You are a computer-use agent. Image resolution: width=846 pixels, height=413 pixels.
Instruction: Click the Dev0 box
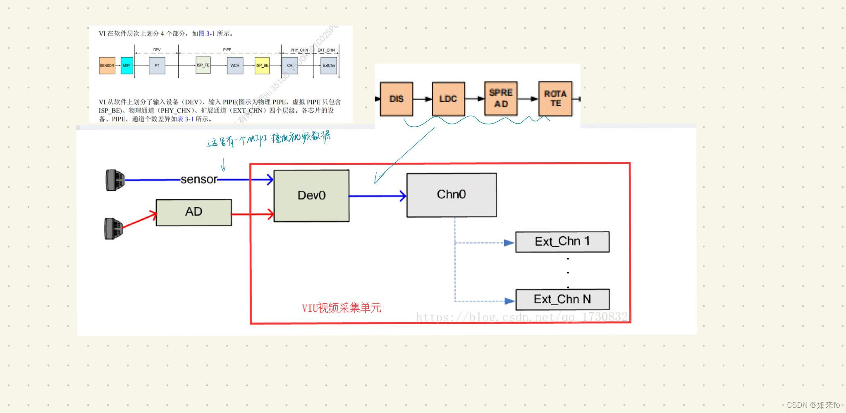pyautogui.click(x=311, y=195)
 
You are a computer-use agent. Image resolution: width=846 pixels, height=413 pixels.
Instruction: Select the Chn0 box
pyautogui.click(x=452, y=195)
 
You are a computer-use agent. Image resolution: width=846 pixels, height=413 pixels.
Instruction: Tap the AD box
pyautogui.click(x=194, y=212)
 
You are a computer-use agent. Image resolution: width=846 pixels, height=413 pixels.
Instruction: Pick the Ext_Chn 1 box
pyautogui.click(x=562, y=242)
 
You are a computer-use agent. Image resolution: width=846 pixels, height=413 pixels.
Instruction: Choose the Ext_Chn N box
pyautogui.click(x=562, y=299)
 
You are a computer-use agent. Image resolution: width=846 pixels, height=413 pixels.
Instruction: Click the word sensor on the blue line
pyautogui.click(x=199, y=179)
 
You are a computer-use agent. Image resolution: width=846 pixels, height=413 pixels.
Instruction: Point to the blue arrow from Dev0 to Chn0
pyautogui.click(x=377, y=196)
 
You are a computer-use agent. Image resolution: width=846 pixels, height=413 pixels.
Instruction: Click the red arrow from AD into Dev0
pyautogui.click(x=252, y=214)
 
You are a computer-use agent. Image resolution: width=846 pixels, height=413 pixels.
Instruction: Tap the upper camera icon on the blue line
pyautogui.click(x=115, y=180)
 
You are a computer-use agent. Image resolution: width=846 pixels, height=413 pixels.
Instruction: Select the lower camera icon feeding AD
pyautogui.click(x=113, y=228)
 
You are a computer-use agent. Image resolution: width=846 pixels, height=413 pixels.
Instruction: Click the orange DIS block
pyautogui.click(x=396, y=99)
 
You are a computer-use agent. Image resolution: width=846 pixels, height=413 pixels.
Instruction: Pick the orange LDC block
pyautogui.click(x=448, y=99)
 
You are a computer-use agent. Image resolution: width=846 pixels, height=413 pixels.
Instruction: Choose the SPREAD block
pyautogui.click(x=501, y=98)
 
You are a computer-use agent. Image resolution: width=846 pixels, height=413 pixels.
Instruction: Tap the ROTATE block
pyautogui.click(x=555, y=98)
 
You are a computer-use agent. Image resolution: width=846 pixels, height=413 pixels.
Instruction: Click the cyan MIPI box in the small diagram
pyautogui.click(x=127, y=66)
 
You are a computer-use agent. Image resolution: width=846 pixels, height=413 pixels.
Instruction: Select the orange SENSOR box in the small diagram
pyautogui.click(x=107, y=66)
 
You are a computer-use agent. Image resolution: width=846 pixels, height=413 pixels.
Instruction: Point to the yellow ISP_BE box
pyautogui.click(x=262, y=66)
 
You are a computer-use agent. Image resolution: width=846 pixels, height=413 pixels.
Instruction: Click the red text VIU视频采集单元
pyautogui.click(x=341, y=308)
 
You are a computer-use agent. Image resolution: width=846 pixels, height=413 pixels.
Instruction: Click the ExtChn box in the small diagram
pyautogui.click(x=329, y=66)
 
